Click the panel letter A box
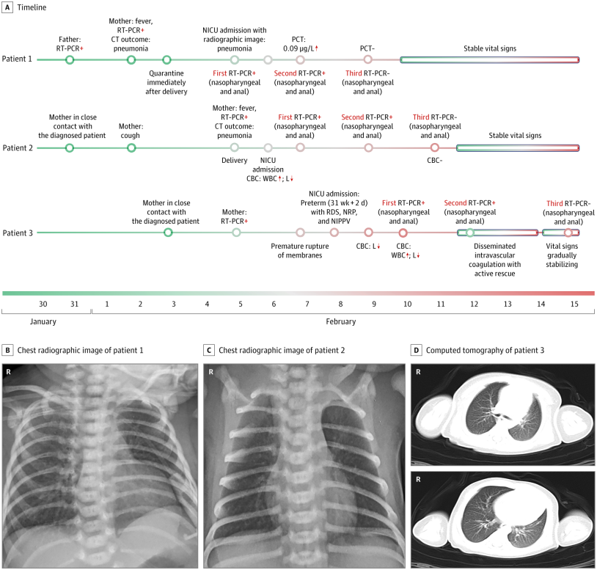[x=7, y=7]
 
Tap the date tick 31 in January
[x=74, y=304]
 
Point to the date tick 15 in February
[x=574, y=304]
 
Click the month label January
[x=43, y=321]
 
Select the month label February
[x=341, y=321]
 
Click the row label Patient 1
[x=17, y=59]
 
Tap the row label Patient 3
[x=18, y=233]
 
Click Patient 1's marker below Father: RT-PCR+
[x=70, y=59]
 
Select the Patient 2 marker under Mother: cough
[x=131, y=147]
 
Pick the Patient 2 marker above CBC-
[x=434, y=147]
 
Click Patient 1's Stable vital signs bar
[x=490, y=59]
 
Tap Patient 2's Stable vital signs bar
[x=518, y=147]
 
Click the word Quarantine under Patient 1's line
[x=166, y=73]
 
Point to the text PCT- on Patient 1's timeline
[x=367, y=48]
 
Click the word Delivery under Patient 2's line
[x=235, y=161]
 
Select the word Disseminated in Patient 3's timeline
[x=494, y=246]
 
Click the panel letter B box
[x=7, y=350]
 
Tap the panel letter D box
[x=416, y=350]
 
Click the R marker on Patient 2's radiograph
[x=211, y=372]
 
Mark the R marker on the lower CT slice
[x=418, y=479]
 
